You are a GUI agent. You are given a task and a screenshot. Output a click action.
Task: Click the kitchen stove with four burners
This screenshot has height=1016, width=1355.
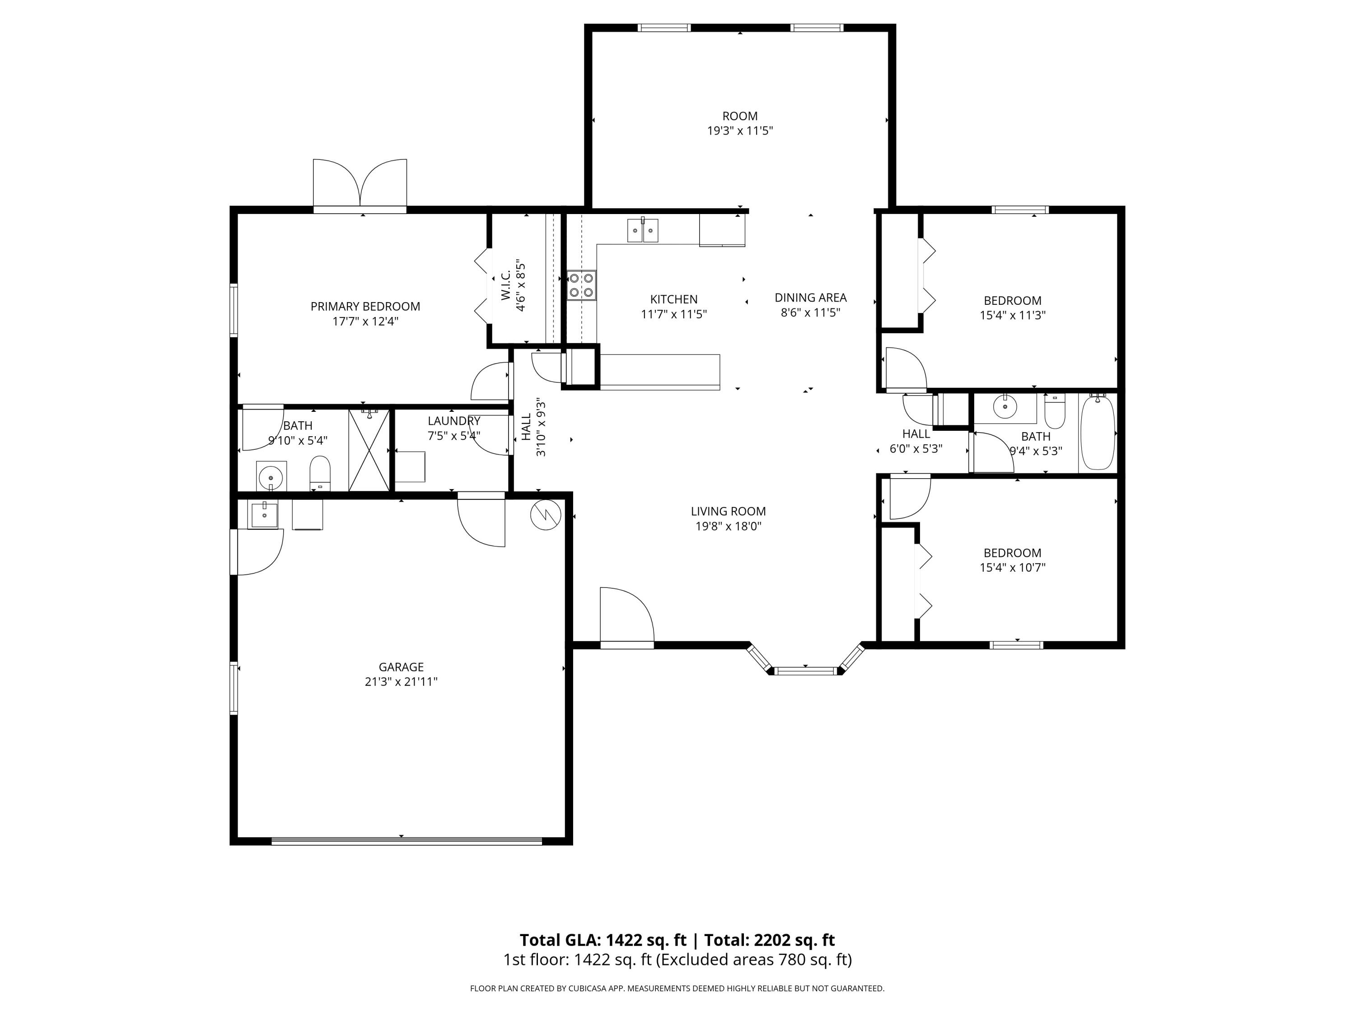[581, 285]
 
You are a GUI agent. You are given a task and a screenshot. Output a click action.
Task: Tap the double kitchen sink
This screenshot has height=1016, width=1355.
[643, 230]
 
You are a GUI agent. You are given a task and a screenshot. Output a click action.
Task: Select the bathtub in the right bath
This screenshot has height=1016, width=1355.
[1098, 433]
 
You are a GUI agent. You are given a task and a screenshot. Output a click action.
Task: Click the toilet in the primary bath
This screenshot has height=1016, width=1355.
[320, 473]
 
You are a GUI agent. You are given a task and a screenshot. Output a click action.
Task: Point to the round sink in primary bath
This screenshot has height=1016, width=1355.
[270, 476]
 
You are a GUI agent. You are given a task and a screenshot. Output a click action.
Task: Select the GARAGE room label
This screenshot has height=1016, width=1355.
[401, 667]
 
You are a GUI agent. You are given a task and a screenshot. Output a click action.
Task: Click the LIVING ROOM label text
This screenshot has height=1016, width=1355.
[729, 511]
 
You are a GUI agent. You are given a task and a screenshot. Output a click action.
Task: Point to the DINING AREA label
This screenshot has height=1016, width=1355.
[810, 298]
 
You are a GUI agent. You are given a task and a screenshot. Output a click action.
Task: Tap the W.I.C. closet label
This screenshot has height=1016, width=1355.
[506, 285]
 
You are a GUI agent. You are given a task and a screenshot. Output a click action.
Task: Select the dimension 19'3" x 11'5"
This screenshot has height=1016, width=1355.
[740, 130]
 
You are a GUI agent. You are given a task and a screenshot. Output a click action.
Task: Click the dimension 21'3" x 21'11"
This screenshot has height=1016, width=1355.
[401, 681]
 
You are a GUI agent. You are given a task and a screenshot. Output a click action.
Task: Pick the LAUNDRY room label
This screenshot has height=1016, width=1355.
[454, 421]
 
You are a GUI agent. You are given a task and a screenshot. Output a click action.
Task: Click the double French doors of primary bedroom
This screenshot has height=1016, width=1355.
[360, 184]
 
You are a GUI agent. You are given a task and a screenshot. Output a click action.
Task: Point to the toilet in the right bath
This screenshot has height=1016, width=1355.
[1055, 411]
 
